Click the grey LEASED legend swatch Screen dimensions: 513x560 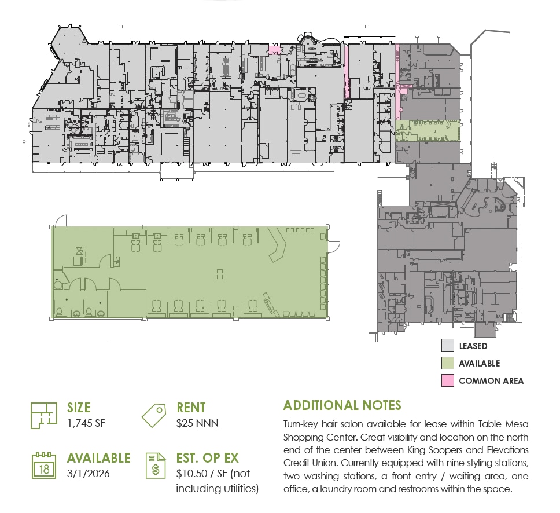(x=447, y=346)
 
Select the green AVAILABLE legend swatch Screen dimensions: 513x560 (x=447, y=364)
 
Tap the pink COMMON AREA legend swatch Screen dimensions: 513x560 (x=447, y=381)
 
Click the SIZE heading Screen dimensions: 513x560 (x=79, y=408)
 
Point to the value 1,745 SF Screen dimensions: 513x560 (x=86, y=423)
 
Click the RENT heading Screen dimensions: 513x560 (x=191, y=408)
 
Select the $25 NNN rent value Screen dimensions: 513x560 (x=197, y=423)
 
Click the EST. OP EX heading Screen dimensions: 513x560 (x=207, y=458)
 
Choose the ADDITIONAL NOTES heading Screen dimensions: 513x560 (x=342, y=405)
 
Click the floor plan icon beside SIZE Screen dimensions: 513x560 (x=44, y=415)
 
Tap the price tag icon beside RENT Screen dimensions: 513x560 (x=154, y=415)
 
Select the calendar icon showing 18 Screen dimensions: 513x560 (x=44, y=466)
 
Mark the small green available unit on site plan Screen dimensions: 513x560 (x=428, y=130)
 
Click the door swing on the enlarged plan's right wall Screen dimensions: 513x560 (x=333, y=247)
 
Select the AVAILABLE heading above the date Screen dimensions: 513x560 (x=98, y=458)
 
